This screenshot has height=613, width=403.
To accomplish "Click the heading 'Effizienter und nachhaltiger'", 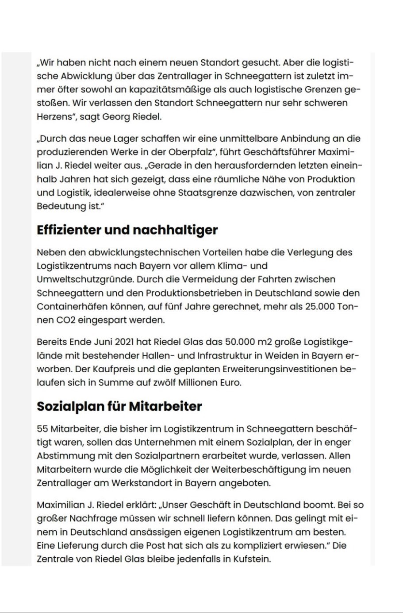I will (127, 230).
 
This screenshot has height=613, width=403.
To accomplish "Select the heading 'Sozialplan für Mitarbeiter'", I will (119, 406).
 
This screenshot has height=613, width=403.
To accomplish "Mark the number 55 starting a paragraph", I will (42, 428).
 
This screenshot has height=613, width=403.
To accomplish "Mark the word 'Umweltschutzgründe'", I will (84, 279).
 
